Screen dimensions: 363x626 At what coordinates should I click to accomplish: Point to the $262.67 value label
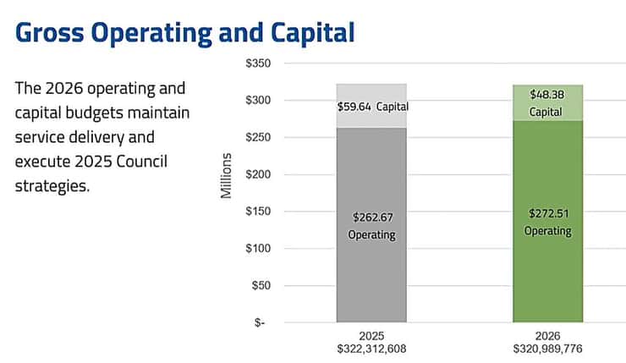371,217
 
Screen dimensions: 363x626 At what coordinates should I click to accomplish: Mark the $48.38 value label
547,94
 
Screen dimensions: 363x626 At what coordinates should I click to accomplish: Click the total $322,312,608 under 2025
371,348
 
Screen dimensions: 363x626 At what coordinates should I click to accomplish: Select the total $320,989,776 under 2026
547,348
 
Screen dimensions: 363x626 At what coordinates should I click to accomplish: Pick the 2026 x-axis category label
547,334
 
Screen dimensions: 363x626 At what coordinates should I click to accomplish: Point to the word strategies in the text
52,185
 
